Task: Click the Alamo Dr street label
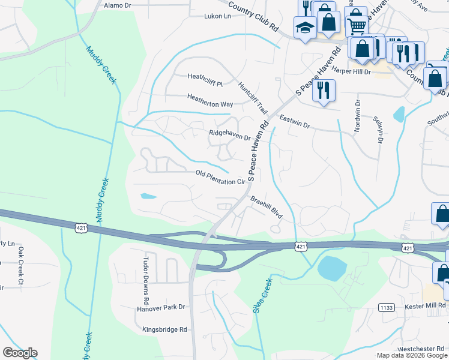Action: [117, 5]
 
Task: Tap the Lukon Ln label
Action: [217, 16]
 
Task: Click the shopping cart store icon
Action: [357, 25]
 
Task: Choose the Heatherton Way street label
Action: [209, 104]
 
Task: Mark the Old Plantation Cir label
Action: [221, 177]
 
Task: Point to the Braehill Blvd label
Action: [266, 206]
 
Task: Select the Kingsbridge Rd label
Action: [165, 329]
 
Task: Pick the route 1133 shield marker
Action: [386, 307]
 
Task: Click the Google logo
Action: [20, 353]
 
